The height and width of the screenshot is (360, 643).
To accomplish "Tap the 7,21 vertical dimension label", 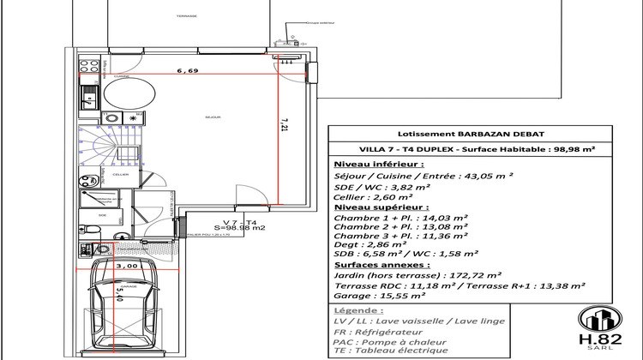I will (285, 126).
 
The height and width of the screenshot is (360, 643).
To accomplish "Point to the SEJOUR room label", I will (213, 117).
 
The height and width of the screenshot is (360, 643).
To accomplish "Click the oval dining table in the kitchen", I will (129, 97).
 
